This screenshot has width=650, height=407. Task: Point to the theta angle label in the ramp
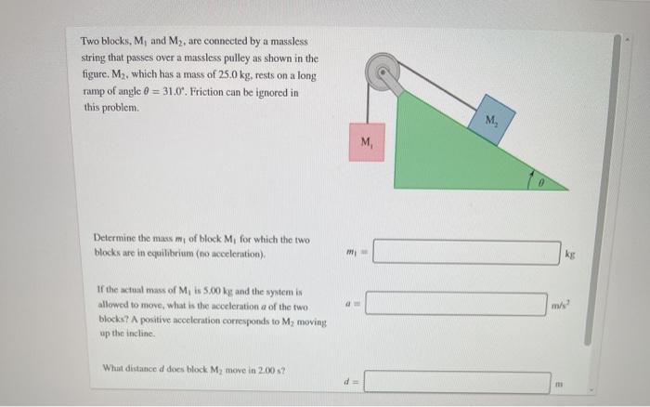pos(548,183)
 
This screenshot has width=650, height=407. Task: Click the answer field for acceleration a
pos(455,304)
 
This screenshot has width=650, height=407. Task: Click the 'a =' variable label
pos(347,304)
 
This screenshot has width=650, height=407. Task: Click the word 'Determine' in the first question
pos(114,239)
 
